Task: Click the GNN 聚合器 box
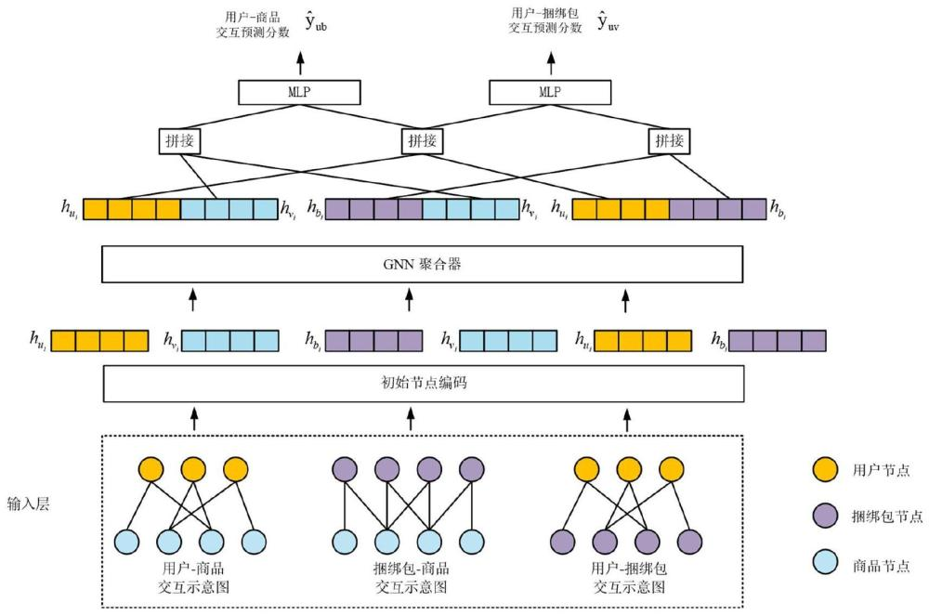(422, 264)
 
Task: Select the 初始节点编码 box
(424, 383)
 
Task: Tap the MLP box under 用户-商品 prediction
(298, 92)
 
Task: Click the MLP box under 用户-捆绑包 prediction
(550, 92)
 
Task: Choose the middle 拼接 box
(423, 141)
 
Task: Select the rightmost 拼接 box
(670, 141)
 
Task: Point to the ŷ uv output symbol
(608, 22)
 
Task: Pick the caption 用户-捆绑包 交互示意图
(628, 577)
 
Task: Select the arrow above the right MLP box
(550, 63)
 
